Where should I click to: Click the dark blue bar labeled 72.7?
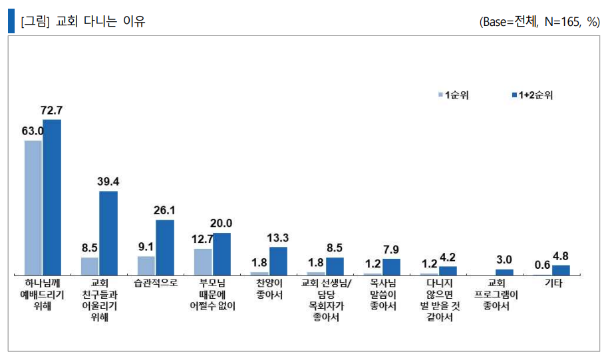point(52,197)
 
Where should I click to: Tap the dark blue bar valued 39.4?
point(108,233)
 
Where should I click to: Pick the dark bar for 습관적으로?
point(165,247)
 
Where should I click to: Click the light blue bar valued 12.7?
point(203,262)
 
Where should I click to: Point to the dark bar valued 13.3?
point(278,261)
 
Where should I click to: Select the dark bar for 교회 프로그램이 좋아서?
point(505,271)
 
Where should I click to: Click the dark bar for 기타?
point(561,270)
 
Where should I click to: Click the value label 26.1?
point(164,210)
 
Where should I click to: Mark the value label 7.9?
point(391,250)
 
